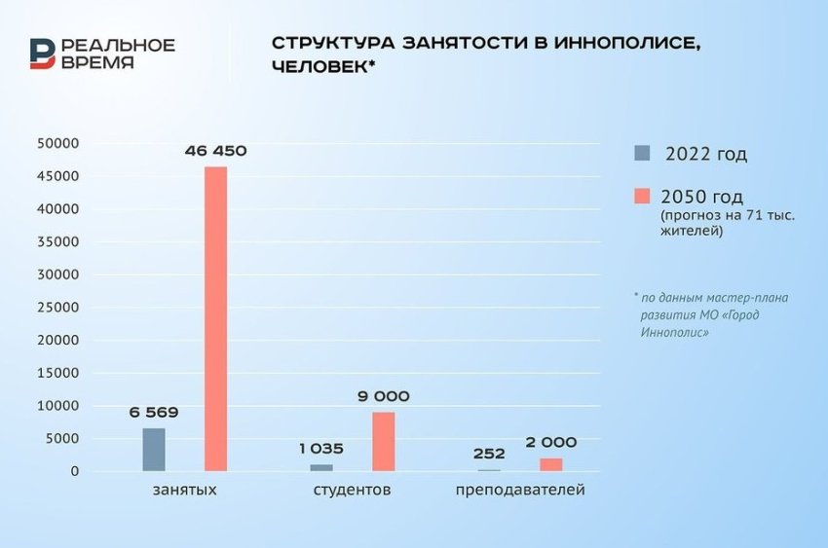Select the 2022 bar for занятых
(x=154, y=450)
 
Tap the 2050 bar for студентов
(x=383, y=442)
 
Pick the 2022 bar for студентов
(x=321, y=468)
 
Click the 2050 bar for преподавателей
(x=550, y=465)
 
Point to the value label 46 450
(x=215, y=151)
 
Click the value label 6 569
(x=154, y=412)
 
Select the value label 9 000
(x=383, y=396)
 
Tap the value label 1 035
(x=320, y=449)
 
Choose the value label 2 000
(x=551, y=442)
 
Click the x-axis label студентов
(x=352, y=490)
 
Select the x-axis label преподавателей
(x=520, y=490)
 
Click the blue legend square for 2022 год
(x=642, y=154)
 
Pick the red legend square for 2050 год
(x=642, y=196)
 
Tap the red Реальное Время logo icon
(x=42, y=54)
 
